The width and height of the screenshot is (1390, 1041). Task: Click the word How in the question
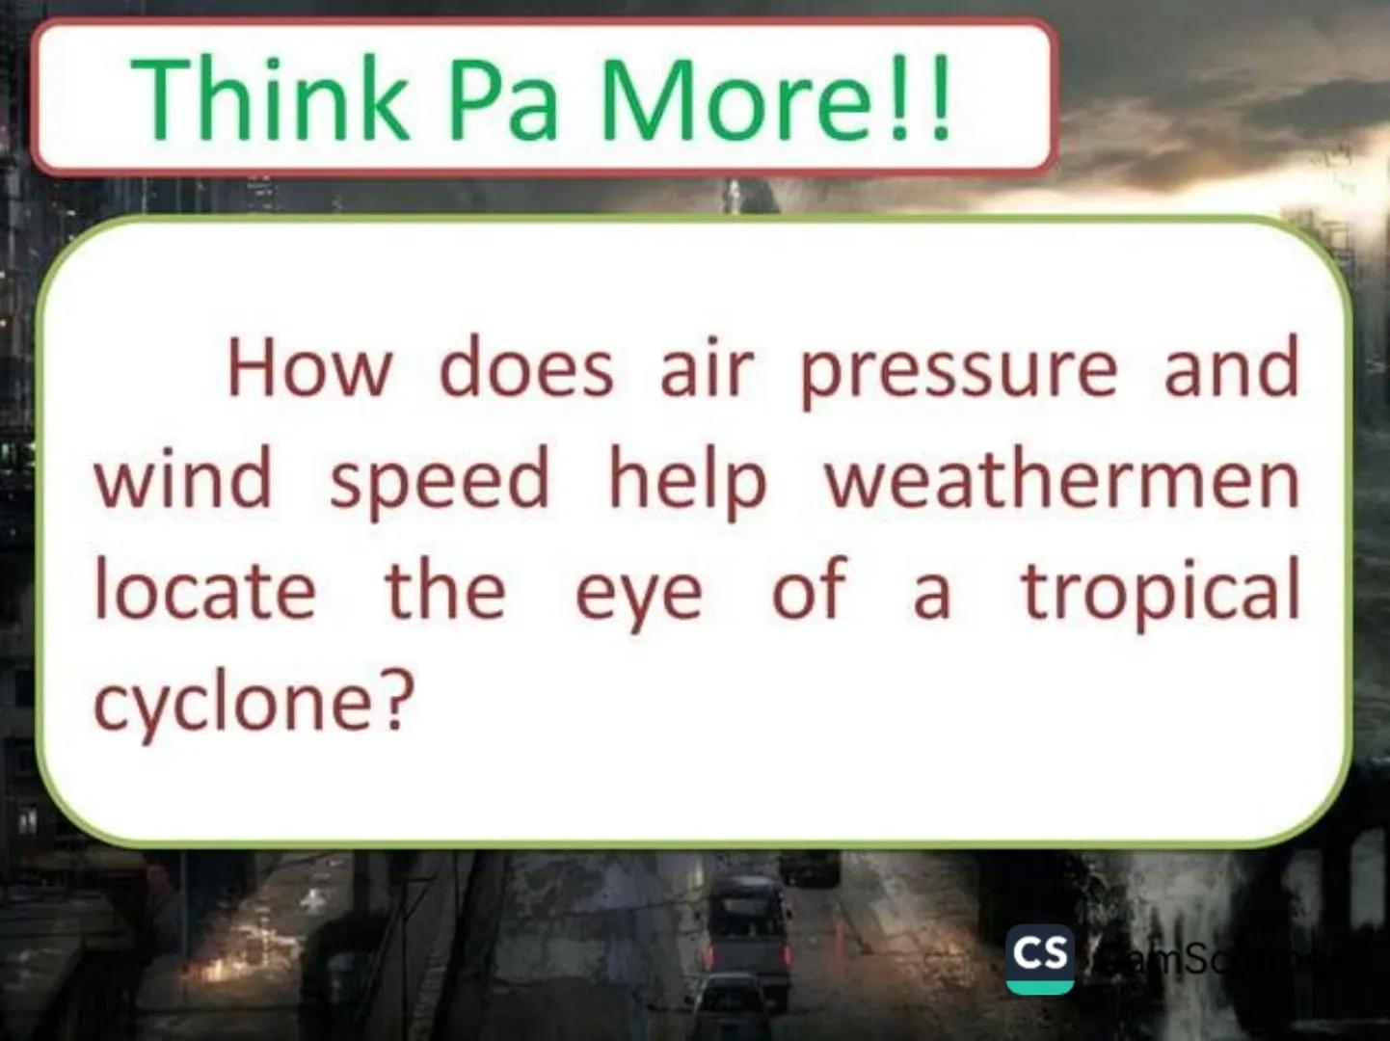[310, 368]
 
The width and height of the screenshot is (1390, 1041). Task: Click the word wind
[183, 479]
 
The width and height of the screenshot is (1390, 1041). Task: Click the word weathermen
[1061, 479]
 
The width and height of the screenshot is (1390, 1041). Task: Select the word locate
[205, 589]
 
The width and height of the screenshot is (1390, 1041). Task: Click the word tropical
[1161, 591]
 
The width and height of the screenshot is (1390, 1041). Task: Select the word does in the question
[526, 368]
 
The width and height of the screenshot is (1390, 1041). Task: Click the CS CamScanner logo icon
[1040, 958]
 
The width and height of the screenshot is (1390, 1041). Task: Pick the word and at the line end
[1231, 368]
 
